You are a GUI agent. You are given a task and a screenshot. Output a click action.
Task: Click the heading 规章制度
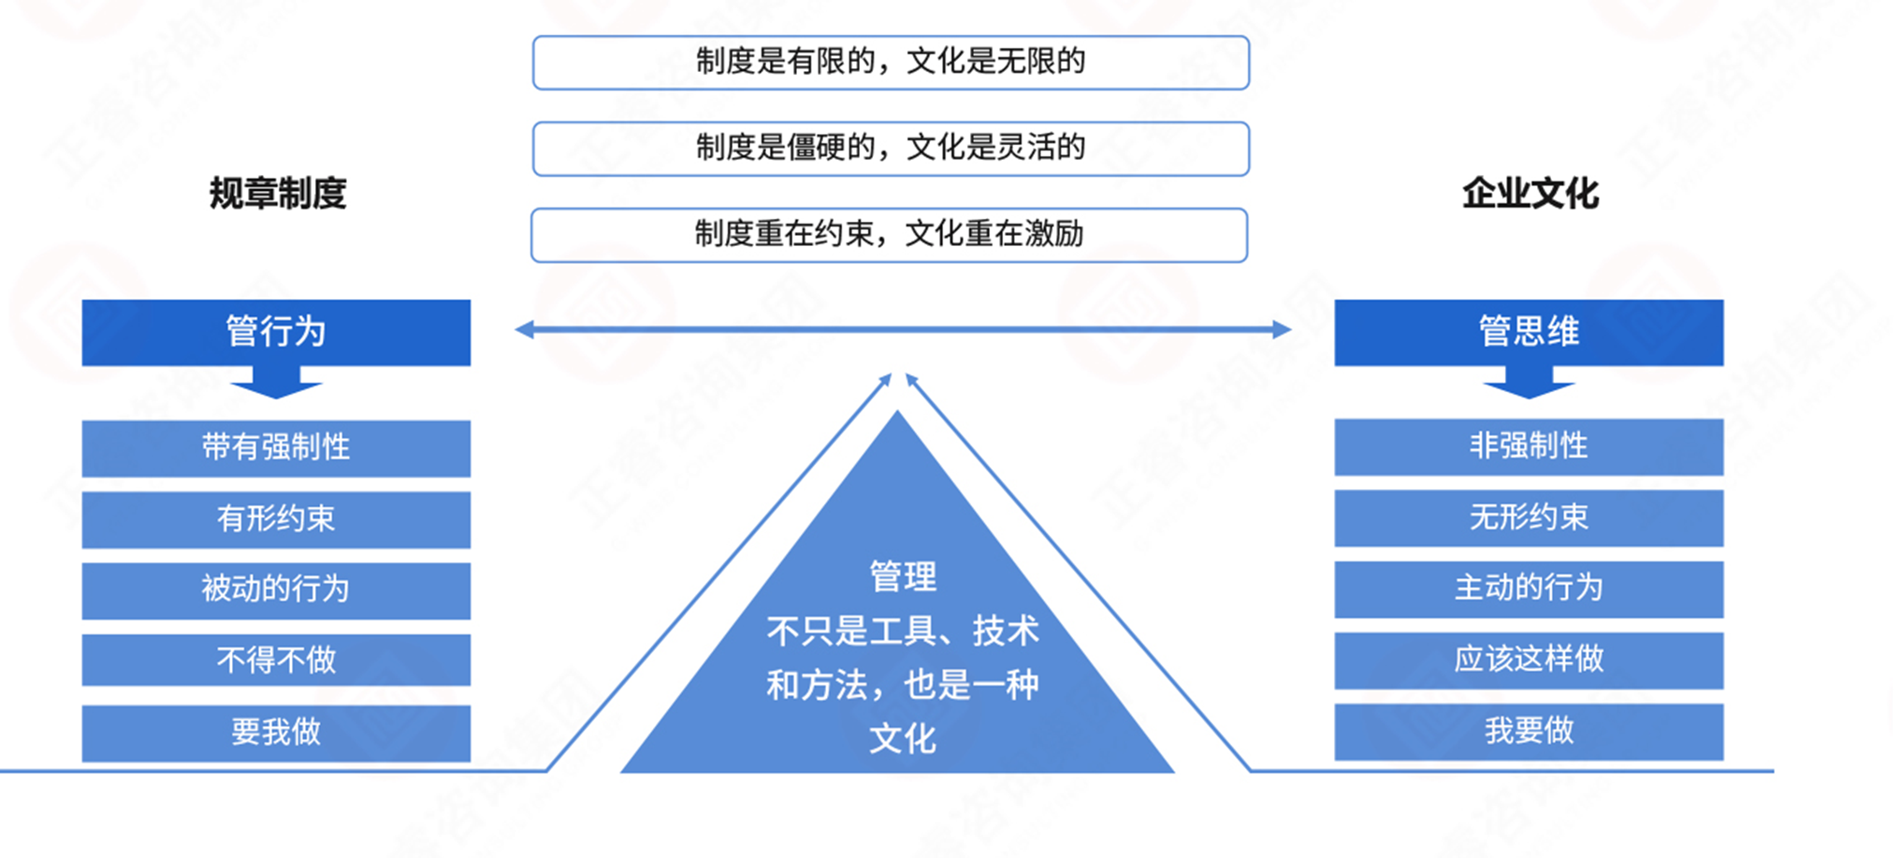278,194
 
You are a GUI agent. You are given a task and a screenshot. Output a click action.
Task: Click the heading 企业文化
1530,194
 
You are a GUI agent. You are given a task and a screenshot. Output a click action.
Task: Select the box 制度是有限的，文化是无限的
891,63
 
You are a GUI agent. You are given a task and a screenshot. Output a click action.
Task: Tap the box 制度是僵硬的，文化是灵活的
891,149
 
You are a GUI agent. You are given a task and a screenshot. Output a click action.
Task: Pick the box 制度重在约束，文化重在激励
889,235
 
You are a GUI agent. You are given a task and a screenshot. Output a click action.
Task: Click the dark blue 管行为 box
276,332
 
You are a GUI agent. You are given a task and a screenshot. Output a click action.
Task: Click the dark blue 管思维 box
1529,332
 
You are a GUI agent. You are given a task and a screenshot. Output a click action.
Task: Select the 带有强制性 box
276,448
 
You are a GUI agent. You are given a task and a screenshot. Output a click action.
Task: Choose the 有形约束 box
276,519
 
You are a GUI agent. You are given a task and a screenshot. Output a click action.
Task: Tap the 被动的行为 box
276,590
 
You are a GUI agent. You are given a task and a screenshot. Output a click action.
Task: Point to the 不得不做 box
276,661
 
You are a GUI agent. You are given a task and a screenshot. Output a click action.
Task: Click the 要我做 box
276,732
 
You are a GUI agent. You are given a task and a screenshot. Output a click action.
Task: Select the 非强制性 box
1529,446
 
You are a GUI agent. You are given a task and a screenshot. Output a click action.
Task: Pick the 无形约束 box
1529,517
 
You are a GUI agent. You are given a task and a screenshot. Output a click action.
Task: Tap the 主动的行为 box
1529,589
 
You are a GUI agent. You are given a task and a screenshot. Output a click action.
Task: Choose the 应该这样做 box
1529,660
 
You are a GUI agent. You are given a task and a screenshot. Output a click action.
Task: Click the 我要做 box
1529,731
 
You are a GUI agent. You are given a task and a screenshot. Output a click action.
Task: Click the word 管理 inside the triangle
903,576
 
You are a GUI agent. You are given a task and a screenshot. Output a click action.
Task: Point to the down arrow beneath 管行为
276,382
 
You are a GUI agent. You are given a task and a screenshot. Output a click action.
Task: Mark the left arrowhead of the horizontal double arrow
525,329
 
